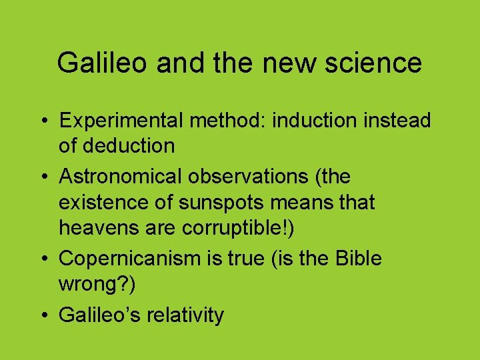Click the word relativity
tap(188, 315)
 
